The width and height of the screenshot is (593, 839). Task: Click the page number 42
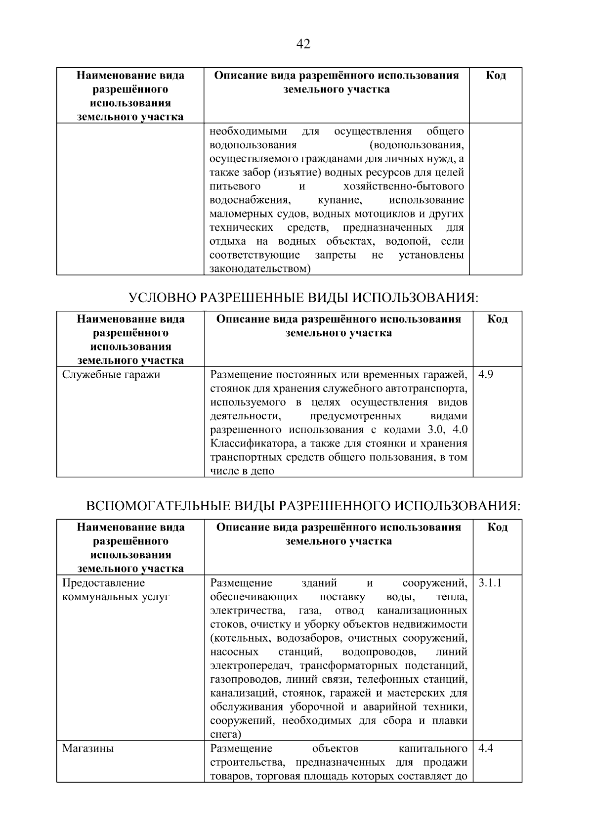(303, 44)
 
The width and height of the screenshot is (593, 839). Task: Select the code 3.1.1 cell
(490, 582)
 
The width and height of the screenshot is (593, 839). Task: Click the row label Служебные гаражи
(111, 374)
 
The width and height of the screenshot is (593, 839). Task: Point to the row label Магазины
(88, 749)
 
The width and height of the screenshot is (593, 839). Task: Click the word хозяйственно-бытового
(403, 186)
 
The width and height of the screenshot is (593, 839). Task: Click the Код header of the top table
(495, 75)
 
